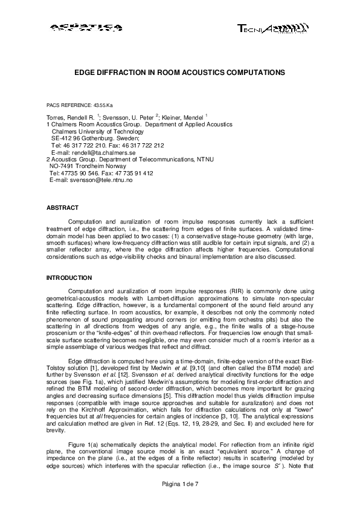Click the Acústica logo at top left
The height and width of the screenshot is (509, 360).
click(x=85, y=27)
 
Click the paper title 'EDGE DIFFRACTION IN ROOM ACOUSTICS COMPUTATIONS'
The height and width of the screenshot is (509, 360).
click(x=179, y=71)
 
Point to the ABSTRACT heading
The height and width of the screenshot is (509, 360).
click(x=62, y=208)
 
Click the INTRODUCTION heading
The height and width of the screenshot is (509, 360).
click(x=69, y=278)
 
